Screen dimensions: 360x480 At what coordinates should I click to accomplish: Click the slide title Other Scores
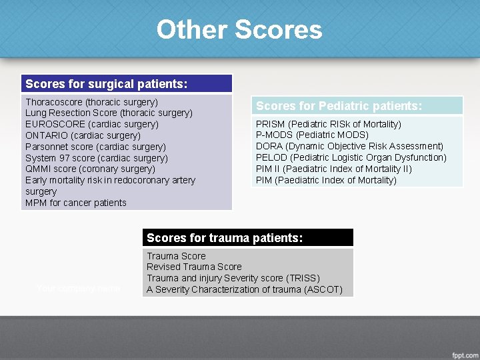point(239,30)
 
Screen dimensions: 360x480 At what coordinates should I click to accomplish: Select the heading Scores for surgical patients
point(106,84)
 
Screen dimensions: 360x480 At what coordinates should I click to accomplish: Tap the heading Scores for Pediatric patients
point(339,106)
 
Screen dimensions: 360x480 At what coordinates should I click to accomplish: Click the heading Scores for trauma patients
point(225,237)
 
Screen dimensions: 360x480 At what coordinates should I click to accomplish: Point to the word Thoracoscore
point(54,102)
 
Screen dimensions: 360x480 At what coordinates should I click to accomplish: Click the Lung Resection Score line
point(109,113)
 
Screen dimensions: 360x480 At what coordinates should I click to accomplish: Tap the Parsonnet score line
point(95,147)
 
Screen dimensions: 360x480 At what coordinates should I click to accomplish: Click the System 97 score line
point(96,158)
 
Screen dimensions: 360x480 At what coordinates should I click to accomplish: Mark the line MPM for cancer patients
point(75,203)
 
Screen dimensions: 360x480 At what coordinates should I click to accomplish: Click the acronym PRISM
point(270,124)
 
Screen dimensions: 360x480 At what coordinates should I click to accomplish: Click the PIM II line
point(333,169)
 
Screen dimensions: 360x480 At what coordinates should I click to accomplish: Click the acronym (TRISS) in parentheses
point(303,278)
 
